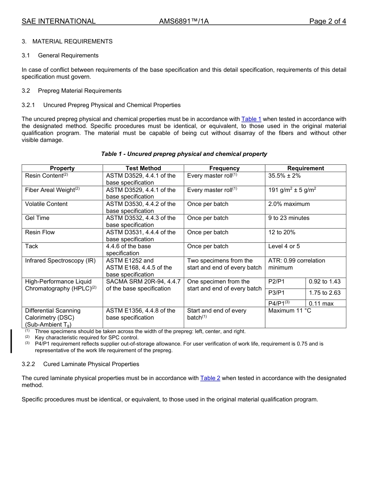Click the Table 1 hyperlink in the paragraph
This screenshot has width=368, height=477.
pyautogui.click(x=251, y=119)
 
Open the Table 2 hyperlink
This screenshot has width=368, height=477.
pyautogui.click(x=210, y=378)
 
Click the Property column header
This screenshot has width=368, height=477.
pyautogui.click(x=62, y=168)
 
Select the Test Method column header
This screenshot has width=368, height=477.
pyautogui.click(x=143, y=168)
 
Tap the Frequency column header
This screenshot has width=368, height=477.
pyautogui.click(x=224, y=168)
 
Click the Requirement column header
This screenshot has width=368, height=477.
pyautogui.click(x=305, y=168)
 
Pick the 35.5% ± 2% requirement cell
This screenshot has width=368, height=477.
pyautogui.click(x=284, y=176)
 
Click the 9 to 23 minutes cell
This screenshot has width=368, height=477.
pyautogui.click(x=289, y=218)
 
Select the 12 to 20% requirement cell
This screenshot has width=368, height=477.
pyautogui.click(x=282, y=232)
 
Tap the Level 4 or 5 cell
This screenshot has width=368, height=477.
pyautogui.click(x=284, y=246)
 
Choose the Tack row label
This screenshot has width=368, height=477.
pyautogui.click(x=31, y=246)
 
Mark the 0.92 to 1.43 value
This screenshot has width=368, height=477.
pyautogui.click(x=324, y=282)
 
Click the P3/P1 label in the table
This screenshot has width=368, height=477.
pyautogui.click(x=276, y=293)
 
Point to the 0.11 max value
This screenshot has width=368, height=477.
pyautogui.click(x=321, y=304)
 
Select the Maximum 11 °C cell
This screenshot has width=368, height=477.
pyautogui.click(x=289, y=311)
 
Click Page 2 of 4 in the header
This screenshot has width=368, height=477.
pyautogui.click(x=327, y=21)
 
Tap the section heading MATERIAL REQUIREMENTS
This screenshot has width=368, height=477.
pyautogui.click(x=72, y=41)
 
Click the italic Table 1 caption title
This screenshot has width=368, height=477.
pyautogui.click(x=184, y=154)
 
